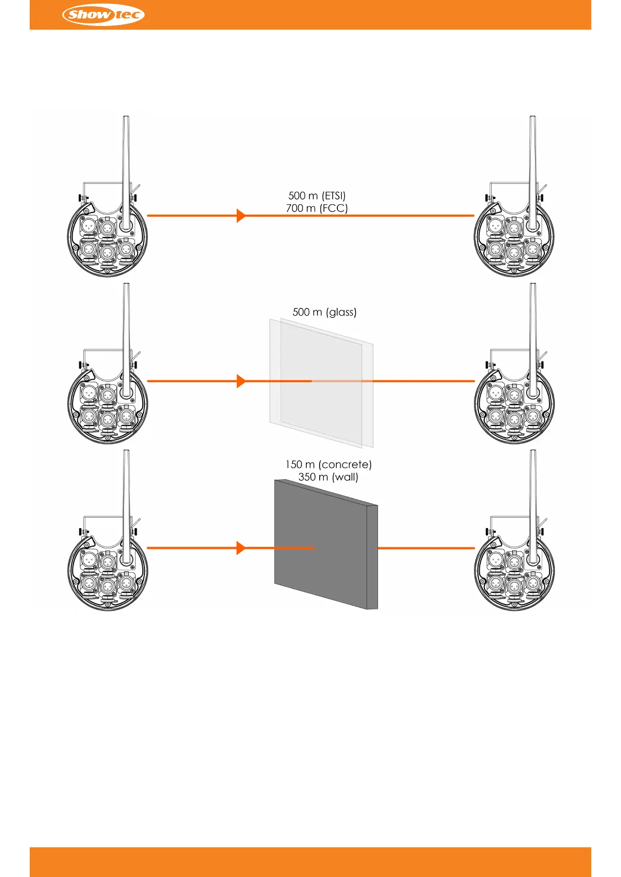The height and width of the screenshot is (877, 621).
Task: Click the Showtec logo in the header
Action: [103, 15]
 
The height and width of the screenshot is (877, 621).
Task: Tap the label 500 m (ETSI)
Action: [317, 196]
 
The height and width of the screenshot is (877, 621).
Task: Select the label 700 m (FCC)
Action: [317, 208]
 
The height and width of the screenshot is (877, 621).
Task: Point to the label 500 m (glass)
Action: [324, 312]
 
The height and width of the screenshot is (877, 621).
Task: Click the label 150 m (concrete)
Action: [328, 464]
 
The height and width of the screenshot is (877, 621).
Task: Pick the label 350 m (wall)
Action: [328, 477]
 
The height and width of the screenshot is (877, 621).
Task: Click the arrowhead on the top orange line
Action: [240, 215]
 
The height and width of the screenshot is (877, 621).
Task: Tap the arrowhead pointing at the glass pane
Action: [240, 381]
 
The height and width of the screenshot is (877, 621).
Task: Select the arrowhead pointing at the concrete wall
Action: [240, 548]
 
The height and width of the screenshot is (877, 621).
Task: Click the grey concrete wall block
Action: [318, 544]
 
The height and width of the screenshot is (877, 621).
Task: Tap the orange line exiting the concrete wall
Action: [425, 548]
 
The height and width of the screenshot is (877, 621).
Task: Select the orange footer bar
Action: [310, 861]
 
